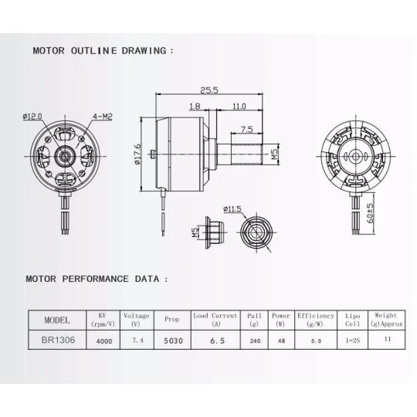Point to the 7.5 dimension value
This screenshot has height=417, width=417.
(x=247, y=129)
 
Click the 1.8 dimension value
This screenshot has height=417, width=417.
(x=194, y=107)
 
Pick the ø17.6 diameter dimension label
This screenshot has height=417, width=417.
(x=137, y=154)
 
